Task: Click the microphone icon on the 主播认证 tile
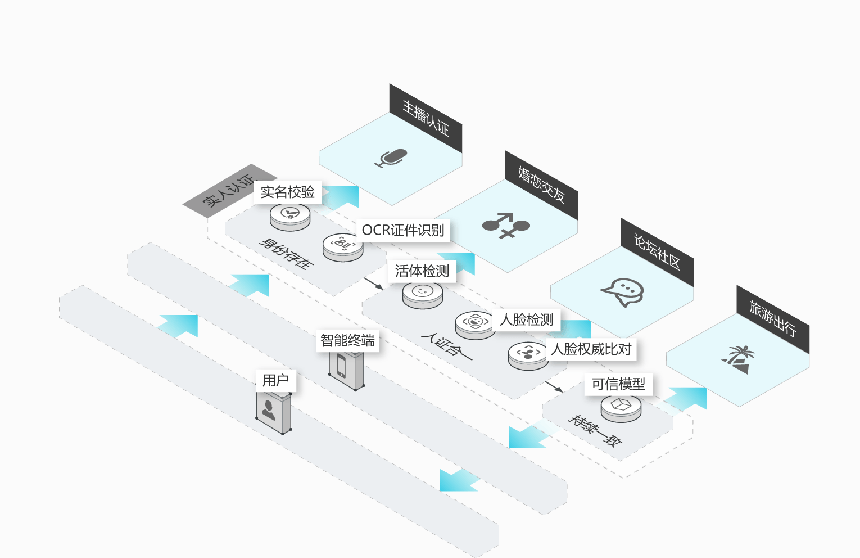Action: click(x=391, y=158)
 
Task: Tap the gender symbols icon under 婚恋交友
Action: click(x=506, y=225)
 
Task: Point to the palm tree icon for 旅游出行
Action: click(x=738, y=359)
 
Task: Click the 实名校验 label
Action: click(x=288, y=192)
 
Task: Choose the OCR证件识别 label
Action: click(x=403, y=230)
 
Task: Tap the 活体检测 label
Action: click(x=422, y=271)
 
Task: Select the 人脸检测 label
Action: click(x=526, y=319)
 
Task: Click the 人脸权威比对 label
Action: click(x=591, y=349)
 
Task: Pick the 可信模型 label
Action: click(x=618, y=384)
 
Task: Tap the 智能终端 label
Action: click(x=347, y=340)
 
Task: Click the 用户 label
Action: click(x=275, y=381)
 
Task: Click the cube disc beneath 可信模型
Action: click(x=621, y=408)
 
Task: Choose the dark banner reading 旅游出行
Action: click(x=773, y=319)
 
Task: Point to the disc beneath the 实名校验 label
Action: click(x=290, y=217)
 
